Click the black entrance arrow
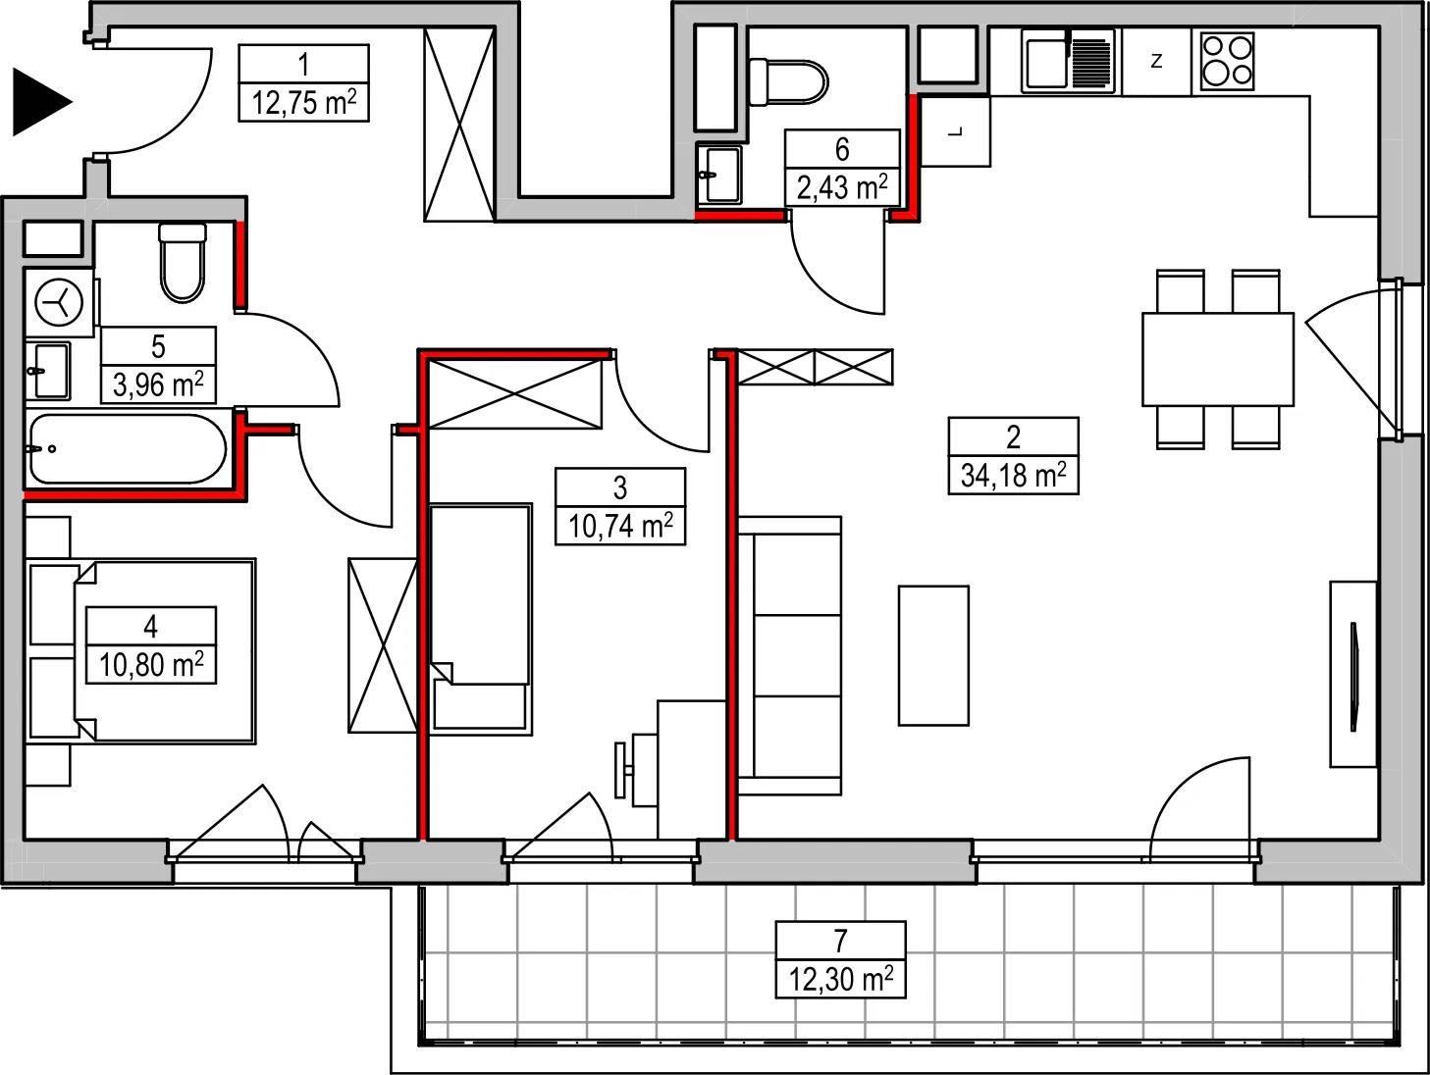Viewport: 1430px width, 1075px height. pos(39,102)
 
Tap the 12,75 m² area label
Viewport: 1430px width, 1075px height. pos(303,103)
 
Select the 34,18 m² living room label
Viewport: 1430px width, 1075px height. pos(1013,476)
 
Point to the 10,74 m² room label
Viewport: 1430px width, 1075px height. pos(620,526)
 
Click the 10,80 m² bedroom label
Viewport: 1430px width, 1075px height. pos(151,665)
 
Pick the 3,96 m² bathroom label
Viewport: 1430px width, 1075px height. pos(158,384)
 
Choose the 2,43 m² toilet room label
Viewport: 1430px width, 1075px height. pos(842,187)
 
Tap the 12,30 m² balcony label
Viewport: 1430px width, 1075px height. pos(840,979)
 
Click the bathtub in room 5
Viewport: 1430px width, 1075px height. pos(129,449)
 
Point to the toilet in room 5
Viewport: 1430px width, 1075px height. pos(183,263)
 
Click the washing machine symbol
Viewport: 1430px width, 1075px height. pos(59,303)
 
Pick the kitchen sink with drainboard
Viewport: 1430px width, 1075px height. pos(1068,61)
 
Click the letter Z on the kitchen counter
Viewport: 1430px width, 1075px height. pos(1156,61)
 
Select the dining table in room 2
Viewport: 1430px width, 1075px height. pos(1218,359)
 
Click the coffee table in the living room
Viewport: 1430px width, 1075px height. pos(933,655)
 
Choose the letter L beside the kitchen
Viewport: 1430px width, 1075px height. pos(956,131)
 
